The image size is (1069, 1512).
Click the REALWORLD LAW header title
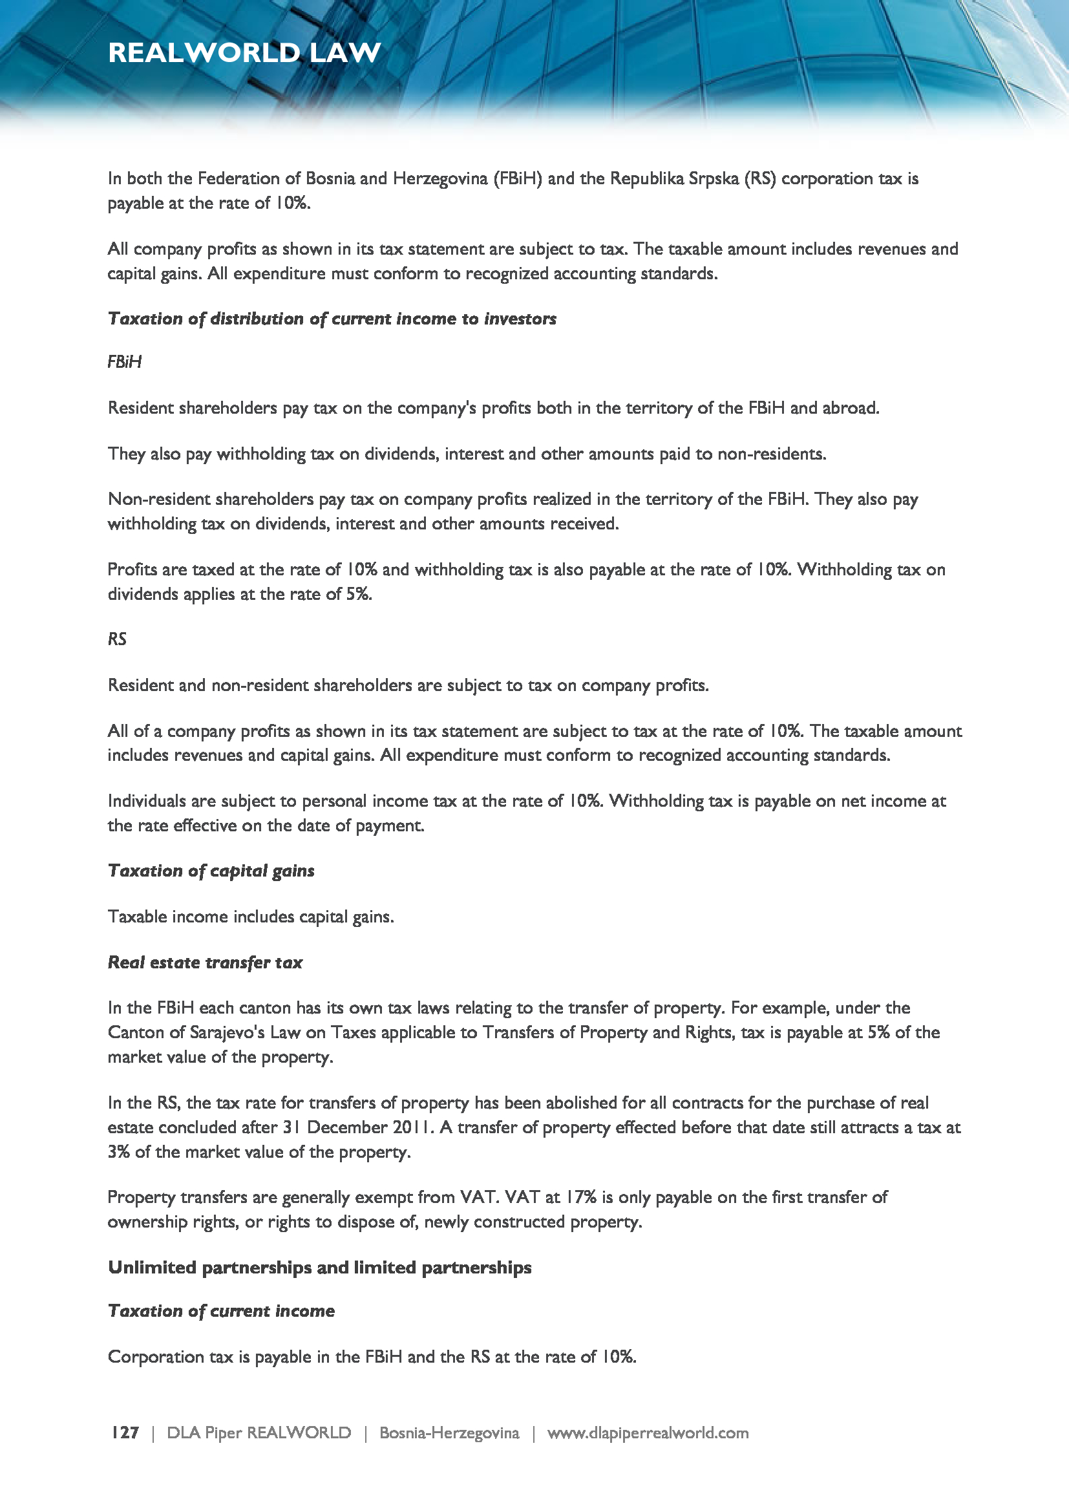coord(244,52)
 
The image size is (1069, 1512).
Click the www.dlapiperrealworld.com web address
coord(648,1432)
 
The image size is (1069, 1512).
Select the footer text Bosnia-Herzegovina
coord(449,1432)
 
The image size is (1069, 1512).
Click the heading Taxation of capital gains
coord(211,871)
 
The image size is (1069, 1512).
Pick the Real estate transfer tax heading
coord(206,962)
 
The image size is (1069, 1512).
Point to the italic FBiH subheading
coord(124,361)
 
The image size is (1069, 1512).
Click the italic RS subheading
coord(117,639)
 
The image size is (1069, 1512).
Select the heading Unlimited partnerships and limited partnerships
coord(320,1267)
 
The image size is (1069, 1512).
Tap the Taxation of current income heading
coord(221,1310)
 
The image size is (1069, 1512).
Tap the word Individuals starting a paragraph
coord(147,801)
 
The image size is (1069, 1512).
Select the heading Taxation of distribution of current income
coord(332,319)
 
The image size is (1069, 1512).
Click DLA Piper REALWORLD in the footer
coord(259,1432)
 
